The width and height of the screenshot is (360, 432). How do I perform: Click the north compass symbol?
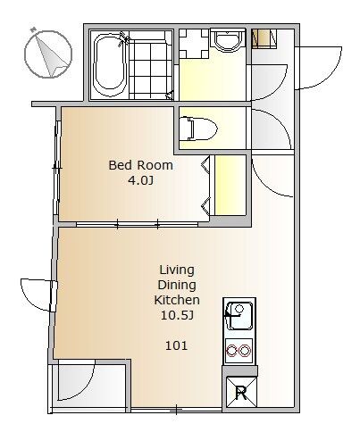[x=47, y=54]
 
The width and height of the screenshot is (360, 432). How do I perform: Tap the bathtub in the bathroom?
[x=109, y=64]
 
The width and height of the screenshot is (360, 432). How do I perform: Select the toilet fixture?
[x=198, y=129]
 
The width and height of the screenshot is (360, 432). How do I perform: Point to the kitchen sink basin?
[x=239, y=316]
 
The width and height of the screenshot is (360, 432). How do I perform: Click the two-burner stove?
[x=239, y=351]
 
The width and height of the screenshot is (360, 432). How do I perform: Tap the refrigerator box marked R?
[x=241, y=393]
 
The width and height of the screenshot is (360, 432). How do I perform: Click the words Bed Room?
[x=140, y=165]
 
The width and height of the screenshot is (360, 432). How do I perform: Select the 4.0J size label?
[x=140, y=180]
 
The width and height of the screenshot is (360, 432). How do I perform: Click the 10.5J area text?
[x=178, y=315]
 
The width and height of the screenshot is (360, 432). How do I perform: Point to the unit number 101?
[x=176, y=345]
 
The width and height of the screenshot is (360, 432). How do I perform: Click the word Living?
[x=177, y=270]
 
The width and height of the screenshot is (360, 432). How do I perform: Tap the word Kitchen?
[x=177, y=300]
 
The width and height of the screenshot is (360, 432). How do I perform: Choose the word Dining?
[x=177, y=286]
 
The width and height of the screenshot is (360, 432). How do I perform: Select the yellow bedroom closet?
[x=230, y=185]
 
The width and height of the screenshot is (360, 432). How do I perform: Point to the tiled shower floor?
[x=151, y=69]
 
